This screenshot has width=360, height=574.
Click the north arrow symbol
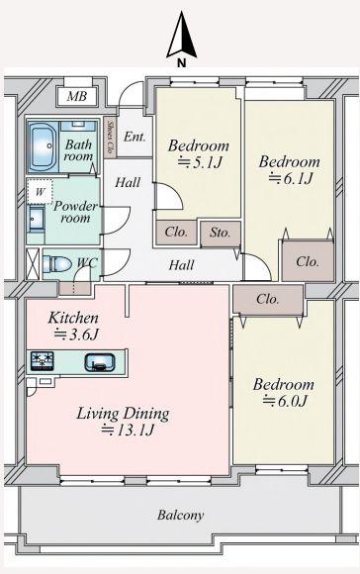[182, 36]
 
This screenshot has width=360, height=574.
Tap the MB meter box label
[77, 96]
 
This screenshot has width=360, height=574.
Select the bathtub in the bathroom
[44, 146]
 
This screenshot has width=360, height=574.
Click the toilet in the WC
[56, 264]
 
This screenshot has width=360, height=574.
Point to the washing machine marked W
[40, 191]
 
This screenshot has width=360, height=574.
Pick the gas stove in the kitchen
[43, 361]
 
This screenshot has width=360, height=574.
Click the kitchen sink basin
[100, 362]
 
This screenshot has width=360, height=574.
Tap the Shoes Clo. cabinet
[110, 138]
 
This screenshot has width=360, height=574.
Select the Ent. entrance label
[135, 137]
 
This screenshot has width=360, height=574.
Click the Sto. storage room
[221, 233]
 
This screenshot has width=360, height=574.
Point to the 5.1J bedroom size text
[200, 162]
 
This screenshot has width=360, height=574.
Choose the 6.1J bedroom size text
[291, 179]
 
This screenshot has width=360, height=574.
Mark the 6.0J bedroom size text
[284, 402]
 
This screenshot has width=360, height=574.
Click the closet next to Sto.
[176, 233]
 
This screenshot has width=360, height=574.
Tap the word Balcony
[180, 515]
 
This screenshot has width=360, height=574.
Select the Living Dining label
[123, 414]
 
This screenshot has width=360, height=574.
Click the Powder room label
[76, 212]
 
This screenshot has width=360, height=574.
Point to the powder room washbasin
[37, 219]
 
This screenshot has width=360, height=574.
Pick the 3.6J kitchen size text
[76, 335]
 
